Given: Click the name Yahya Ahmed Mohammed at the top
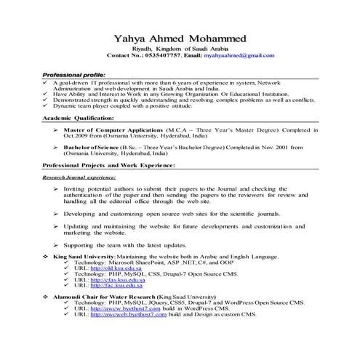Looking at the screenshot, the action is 180,38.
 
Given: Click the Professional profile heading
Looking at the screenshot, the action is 73,75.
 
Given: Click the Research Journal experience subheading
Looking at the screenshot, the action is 79,177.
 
